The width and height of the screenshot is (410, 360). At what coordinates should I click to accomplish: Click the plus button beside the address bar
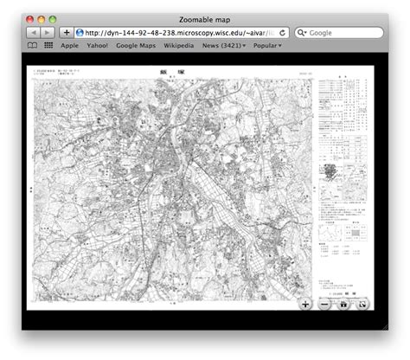(67, 32)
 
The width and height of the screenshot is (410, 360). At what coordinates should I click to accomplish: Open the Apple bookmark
(70, 45)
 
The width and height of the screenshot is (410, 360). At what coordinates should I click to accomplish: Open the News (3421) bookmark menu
(224, 45)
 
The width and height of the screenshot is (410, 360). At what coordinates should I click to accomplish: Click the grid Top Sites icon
(48, 45)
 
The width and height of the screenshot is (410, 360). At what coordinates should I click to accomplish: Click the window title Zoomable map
(204, 18)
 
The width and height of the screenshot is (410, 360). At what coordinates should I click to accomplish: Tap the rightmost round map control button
(364, 304)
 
